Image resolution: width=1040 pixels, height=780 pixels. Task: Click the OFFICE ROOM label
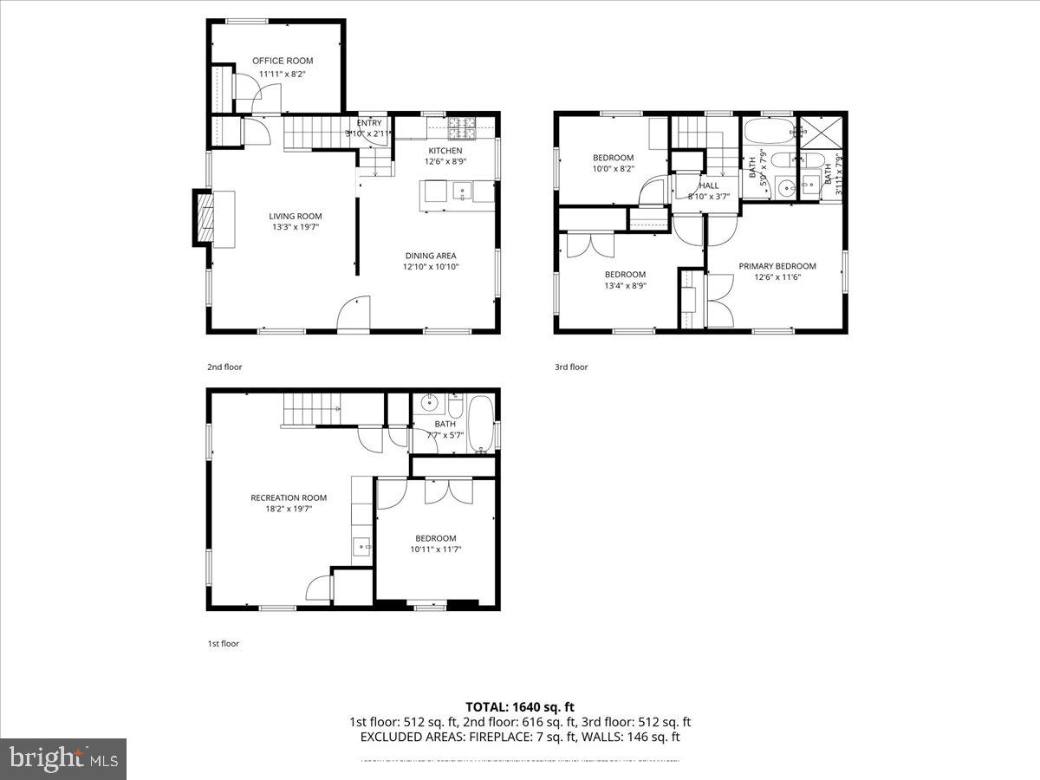point(283,61)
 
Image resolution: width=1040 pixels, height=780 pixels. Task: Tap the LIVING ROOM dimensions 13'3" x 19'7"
point(296,228)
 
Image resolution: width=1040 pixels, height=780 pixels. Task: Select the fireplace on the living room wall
point(205,218)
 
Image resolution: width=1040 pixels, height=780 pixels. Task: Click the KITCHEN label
point(445,151)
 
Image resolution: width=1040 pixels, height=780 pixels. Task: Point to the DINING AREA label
point(430,256)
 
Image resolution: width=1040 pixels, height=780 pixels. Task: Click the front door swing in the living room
point(353,315)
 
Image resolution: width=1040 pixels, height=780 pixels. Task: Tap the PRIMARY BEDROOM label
point(777,266)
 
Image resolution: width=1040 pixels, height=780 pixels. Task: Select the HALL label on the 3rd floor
point(709,185)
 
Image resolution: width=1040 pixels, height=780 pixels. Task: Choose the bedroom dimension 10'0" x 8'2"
point(614,169)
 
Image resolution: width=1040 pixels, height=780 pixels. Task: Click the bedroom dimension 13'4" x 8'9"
point(625,285)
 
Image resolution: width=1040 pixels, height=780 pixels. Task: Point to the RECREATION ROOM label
point(289,497)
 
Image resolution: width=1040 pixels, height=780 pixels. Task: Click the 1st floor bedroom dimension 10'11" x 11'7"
point(435,549)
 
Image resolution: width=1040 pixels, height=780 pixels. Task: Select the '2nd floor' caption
point(224,367)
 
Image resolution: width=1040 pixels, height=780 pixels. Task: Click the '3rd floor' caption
point(571,367)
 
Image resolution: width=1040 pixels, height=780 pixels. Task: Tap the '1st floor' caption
point(224,644)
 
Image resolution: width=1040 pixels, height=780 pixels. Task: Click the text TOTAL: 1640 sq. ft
point(519,706)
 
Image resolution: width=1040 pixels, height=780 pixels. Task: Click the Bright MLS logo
point(63,759)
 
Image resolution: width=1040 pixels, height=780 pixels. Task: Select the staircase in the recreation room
point(312,409)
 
